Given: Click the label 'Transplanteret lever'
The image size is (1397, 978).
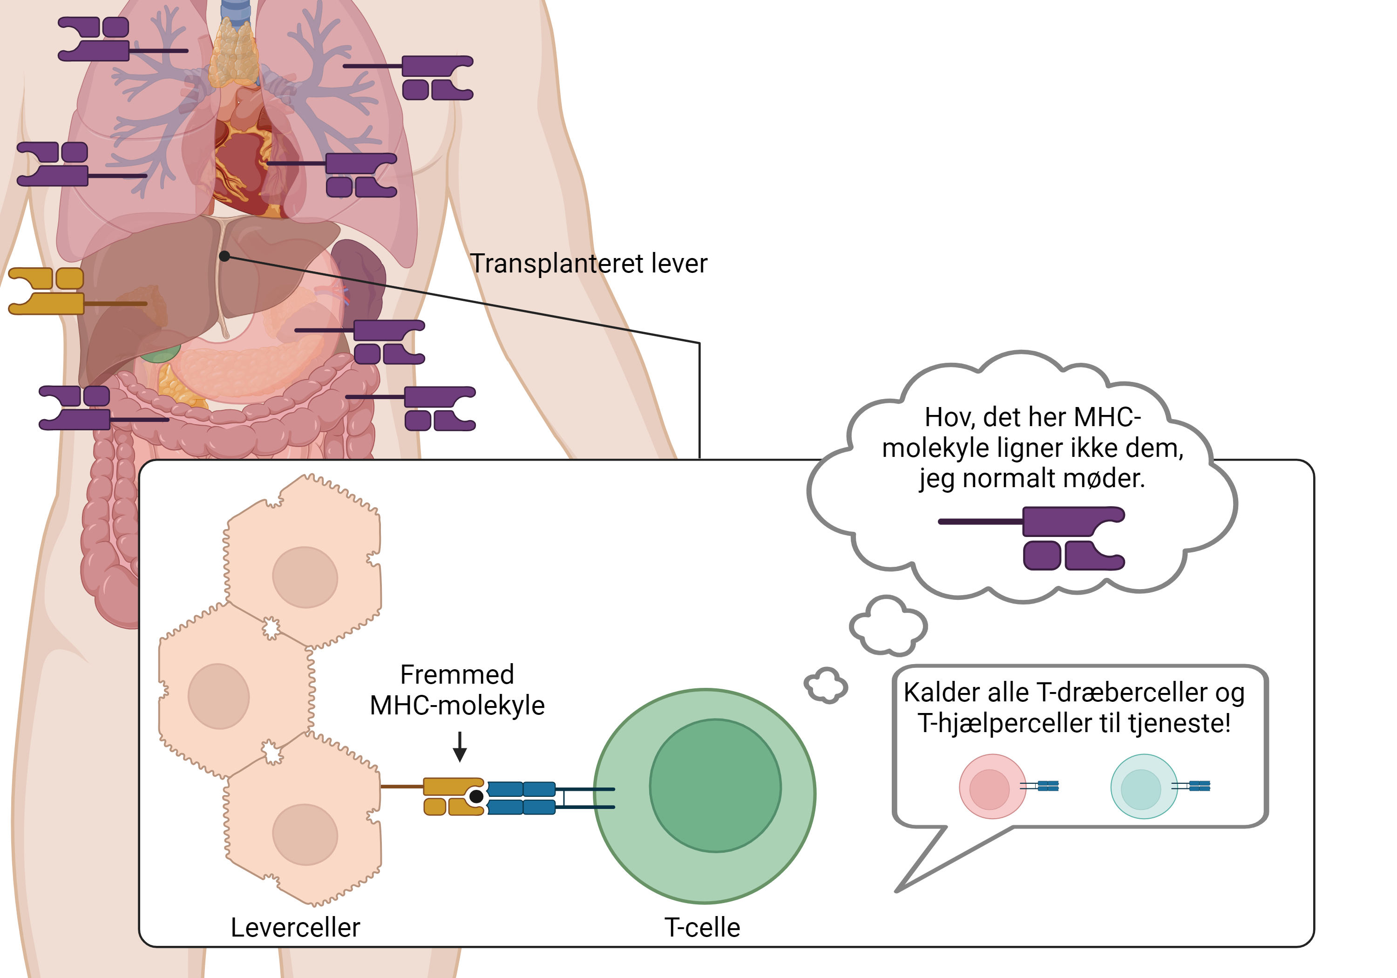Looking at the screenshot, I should [x=589, y=264].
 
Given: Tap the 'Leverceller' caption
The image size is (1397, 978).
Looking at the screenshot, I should [x=295, y=927].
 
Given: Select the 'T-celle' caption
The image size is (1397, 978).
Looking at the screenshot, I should [x=702, y=927].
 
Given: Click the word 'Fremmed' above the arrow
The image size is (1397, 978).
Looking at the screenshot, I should [x=457, y=674].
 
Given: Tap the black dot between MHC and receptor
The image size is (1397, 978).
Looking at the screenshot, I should [x=476, y=796].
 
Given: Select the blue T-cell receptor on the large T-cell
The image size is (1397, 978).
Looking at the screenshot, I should [x=522, y=798].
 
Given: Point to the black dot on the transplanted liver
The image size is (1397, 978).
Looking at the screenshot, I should [x=224, y=256].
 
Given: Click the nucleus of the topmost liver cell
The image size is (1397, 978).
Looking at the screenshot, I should [x=305, y=577].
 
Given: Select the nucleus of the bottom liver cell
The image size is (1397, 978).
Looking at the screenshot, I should [x=305, y=835].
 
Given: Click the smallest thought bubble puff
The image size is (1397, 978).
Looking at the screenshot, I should [x=826, y=685].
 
